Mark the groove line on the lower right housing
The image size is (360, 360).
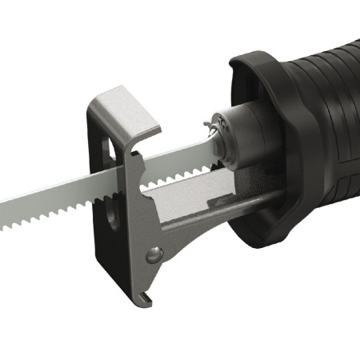(x=320, y=200)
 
